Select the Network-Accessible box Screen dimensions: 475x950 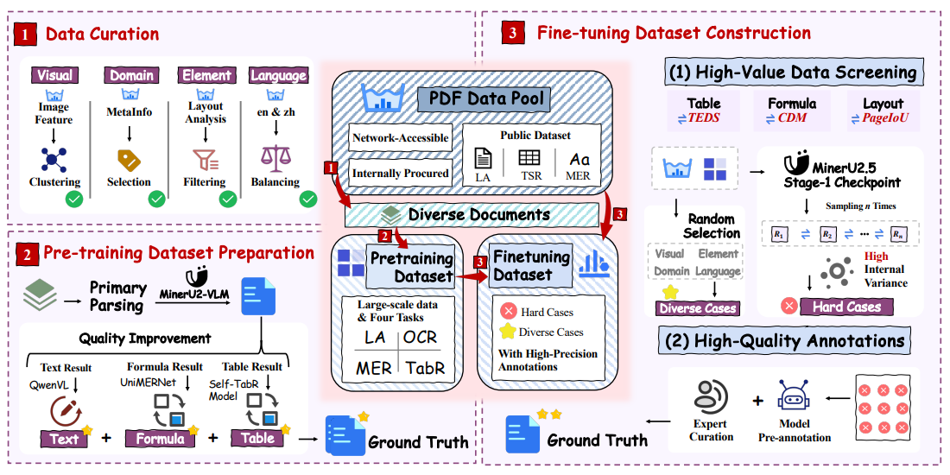[401, 138]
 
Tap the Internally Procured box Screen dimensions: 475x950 [401, 173]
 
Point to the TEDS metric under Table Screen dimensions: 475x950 [704, 118]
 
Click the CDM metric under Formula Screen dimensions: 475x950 [792, 118]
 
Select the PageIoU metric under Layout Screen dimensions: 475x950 [883, 118]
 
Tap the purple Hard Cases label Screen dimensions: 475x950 [845, 307]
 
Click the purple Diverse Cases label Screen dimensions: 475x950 [698, 308]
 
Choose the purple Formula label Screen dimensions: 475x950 [161, 438]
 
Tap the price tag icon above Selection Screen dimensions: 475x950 [129, 159]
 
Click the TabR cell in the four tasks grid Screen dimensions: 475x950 [427, 368]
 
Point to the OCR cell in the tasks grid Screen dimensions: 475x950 [427, 338]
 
